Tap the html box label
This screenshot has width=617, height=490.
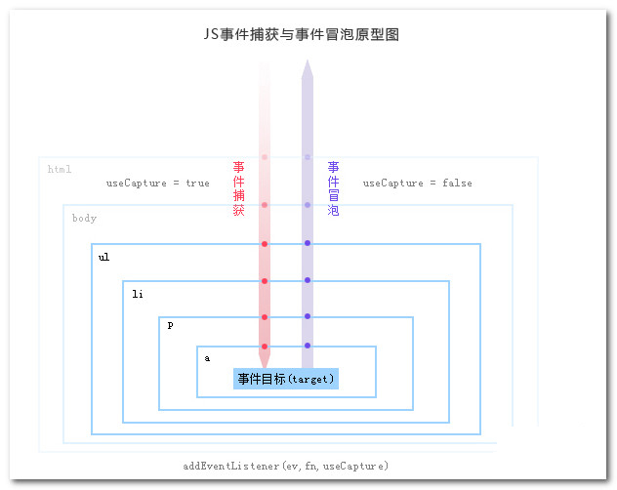pos(60,170)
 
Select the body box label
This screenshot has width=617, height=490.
pos(84,218)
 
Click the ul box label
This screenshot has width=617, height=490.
pos(103,258)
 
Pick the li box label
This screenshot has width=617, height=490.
pos(138,293)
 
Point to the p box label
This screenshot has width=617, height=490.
pos(170,325)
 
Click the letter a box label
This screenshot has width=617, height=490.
pos(207,358)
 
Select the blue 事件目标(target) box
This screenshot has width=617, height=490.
pos(286,379)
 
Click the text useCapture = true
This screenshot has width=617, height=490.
pos(157,183)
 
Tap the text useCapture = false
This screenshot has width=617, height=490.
pos(417,183)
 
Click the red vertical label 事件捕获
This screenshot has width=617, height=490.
pos(238,188)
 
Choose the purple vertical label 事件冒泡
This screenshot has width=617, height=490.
pos(334,188)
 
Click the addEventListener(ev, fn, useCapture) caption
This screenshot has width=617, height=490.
pos(286,466)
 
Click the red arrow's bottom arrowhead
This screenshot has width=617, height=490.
pos(265,360)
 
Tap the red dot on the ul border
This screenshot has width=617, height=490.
pos(265,244)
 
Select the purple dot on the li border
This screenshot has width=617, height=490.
pos(308,280)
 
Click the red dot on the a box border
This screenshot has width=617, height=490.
pos(265,347)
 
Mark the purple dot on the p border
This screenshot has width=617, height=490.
pos(308,316)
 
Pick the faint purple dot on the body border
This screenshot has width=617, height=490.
pos(308,205)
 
